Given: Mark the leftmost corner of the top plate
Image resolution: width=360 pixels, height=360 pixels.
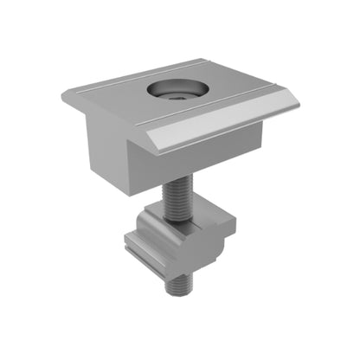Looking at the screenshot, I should (62, 93).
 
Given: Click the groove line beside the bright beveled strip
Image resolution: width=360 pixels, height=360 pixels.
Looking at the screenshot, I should (216, 110).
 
